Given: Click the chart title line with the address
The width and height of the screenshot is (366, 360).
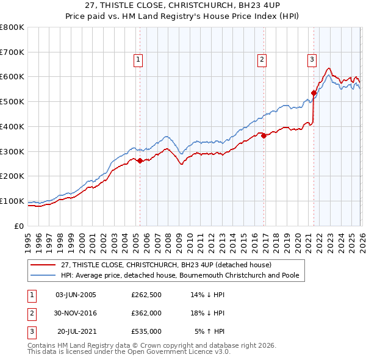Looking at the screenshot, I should pos(182,5).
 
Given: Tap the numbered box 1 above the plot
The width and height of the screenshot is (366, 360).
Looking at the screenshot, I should pos(138,60).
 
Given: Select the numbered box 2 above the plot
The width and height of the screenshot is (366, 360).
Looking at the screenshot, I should pos(262,60).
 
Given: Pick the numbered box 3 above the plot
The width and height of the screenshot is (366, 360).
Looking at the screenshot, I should pos(312,60).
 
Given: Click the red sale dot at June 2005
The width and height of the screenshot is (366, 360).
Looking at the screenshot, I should pos(140,160).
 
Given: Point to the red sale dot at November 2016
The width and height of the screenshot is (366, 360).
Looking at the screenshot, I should pos(264,136).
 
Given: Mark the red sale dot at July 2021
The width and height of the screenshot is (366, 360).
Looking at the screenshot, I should pos(314,93).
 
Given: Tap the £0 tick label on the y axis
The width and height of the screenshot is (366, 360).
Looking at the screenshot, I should pos(18,226).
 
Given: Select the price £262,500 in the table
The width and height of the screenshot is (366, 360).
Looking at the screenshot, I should pos(146,295).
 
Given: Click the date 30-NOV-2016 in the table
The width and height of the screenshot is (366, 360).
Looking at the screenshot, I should pos(76,313).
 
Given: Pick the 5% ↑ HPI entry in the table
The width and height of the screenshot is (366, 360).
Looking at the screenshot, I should pos(210,331).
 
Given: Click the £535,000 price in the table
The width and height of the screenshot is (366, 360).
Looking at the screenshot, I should pos(146,331).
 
